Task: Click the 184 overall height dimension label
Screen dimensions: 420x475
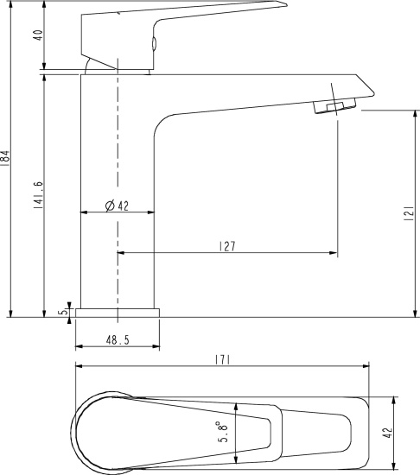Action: (x=5, y=158)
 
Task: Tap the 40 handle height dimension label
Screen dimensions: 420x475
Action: (x=39, y=35)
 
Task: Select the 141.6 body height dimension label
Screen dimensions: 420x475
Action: (x=39, y=195)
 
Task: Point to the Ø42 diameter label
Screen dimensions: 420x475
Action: (x=117, y=206)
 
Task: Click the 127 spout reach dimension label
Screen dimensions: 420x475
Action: (x=227, y=246)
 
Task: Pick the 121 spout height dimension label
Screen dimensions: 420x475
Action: (x=409, y=213)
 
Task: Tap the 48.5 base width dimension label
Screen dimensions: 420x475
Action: (x=118, y=340)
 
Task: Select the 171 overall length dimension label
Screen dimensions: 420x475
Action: (x=223, y=360)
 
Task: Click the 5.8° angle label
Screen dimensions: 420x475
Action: (x=223, y=431)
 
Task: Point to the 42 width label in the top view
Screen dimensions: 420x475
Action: (x=387, y=433)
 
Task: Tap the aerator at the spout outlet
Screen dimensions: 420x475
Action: (x=334, y=105)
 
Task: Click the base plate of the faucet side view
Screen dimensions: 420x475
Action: (x=118, y=313)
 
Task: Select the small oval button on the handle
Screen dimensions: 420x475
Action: (x=154, y=43)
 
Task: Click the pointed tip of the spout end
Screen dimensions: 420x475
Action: (x=374, y=92)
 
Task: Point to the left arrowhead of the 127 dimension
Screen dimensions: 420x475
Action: (x=121, y=252)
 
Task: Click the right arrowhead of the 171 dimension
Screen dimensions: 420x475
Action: (x=366, y=366)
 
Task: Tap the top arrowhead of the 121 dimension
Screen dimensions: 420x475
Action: (x=415, y=114)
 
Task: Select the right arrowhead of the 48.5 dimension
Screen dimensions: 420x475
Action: (x=156, y=346)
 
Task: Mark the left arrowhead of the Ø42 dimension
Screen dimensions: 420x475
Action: (x=84, y=212)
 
